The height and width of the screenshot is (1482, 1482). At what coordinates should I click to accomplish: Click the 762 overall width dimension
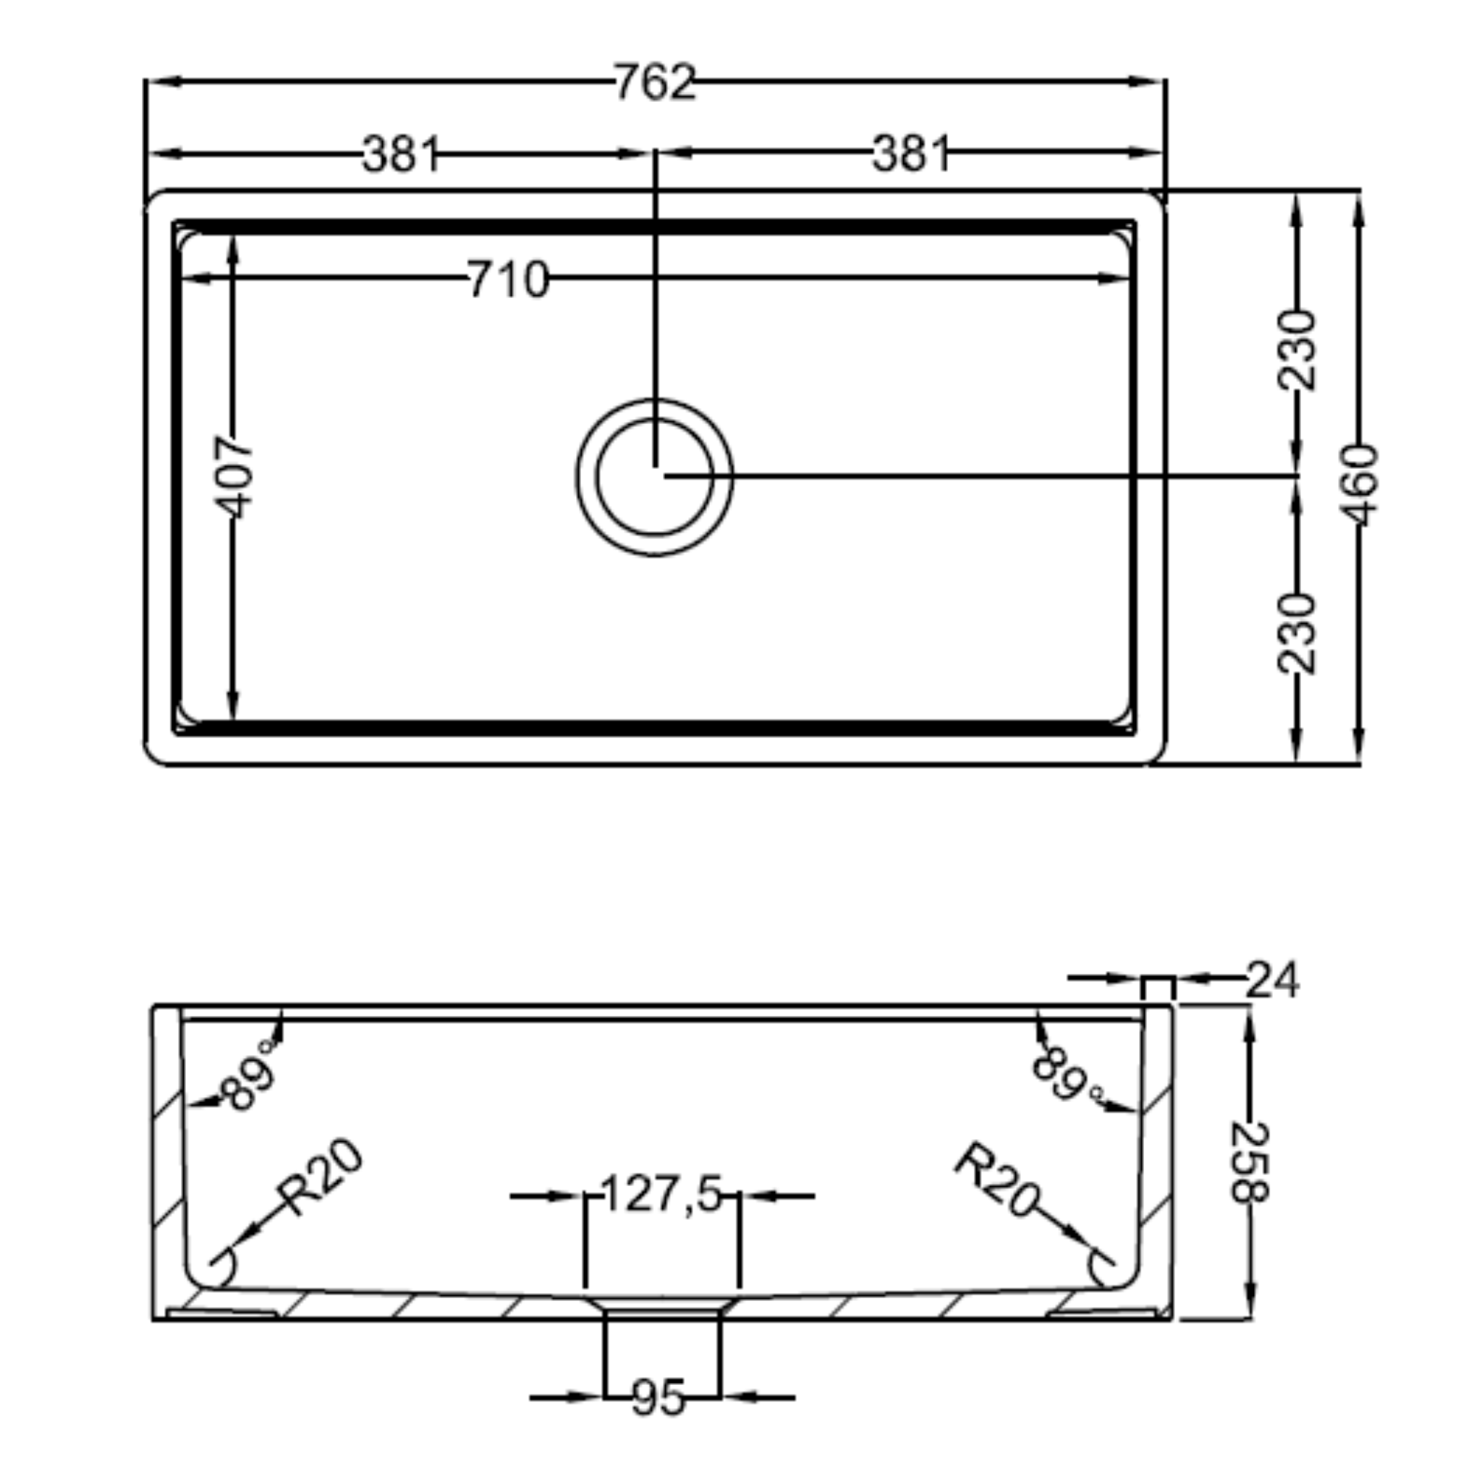click(x=654, y=82)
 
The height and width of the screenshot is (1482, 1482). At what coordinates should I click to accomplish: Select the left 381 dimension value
click(x=400, y=153)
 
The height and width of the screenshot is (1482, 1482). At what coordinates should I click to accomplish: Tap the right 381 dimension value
click(x=911, y=153)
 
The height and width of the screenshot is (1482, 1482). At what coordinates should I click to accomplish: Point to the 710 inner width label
click(x=508, y=279)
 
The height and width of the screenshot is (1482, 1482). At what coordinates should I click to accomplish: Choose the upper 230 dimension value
click(x=1296, y=350)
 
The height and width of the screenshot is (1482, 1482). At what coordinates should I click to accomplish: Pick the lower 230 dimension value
click(x=1296, y=633)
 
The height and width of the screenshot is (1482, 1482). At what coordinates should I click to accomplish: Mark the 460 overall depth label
click(x=1361, y=485)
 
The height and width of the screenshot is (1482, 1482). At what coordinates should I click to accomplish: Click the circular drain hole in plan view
click(x=654, y=477)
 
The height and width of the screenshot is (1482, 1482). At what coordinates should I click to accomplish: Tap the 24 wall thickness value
click(x=1273, y=980)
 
